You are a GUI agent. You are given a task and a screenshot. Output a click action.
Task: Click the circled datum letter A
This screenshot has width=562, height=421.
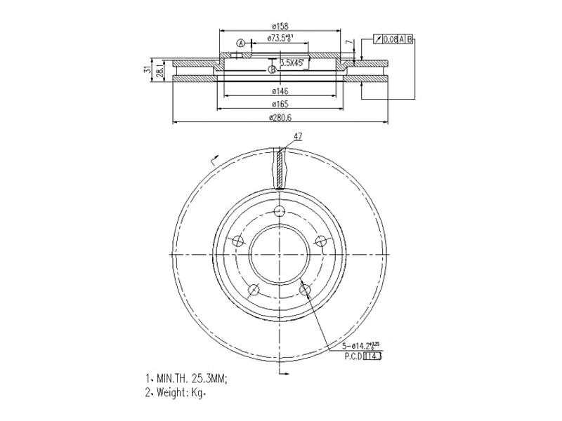[240, 43]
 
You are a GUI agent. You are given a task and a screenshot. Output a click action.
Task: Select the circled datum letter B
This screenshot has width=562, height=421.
[272, 69]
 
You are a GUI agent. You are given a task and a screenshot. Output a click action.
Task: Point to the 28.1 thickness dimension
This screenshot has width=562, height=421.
[159, 71]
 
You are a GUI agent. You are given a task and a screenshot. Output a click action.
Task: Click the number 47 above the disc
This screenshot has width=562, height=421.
[298, 137]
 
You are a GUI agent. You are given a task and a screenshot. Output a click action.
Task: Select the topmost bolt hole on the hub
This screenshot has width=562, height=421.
[280, 212]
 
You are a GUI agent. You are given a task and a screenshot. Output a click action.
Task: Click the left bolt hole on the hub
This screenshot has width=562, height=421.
[237, 241]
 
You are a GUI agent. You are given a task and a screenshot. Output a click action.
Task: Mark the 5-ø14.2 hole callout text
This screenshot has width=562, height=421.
[362, 346]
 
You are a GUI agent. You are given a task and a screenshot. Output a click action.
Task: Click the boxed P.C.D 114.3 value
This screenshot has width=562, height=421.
[372, 356]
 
